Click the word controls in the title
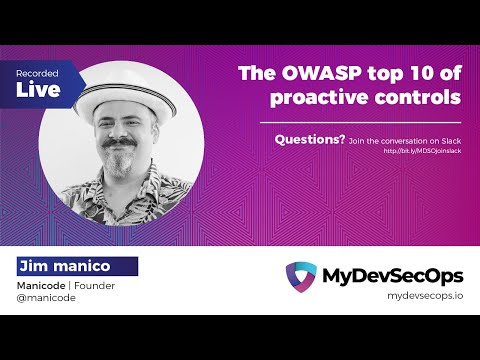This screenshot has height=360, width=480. tap(419, 97)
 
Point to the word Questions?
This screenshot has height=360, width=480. tap(310, 140)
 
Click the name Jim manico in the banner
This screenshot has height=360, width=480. tap(76, 266)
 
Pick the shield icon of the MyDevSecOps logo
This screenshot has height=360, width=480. tap(301, 277)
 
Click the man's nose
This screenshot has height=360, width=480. tap(128, 133)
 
